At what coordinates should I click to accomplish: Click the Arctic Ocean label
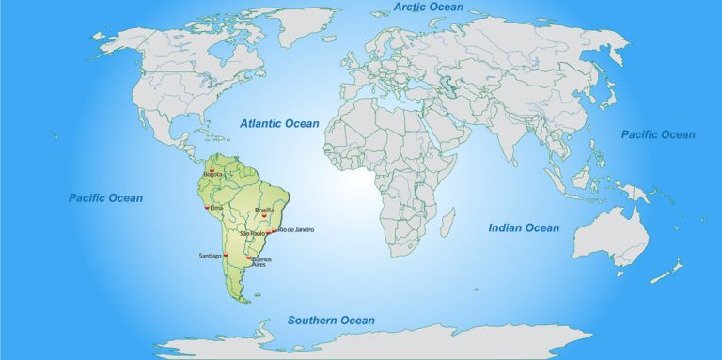tap(428, 8)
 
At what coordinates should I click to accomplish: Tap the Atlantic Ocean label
tap(279, 123)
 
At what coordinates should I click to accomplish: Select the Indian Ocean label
tap(524, 227)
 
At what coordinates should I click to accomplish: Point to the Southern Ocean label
tap(331, 321)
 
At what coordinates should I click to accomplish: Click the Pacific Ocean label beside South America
tap(106, 198)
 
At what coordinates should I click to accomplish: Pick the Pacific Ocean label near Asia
tap(658, 134)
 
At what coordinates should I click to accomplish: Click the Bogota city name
tap(212, 175)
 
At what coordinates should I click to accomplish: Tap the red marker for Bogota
tap(212, 169)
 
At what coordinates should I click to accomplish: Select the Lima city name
tap(217, 207)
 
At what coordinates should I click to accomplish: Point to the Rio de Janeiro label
tap(296, 229)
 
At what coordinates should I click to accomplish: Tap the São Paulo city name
tap(253, 233)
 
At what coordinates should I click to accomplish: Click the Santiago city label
tap(210, 256)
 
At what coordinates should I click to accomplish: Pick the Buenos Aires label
tap(261, 261)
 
